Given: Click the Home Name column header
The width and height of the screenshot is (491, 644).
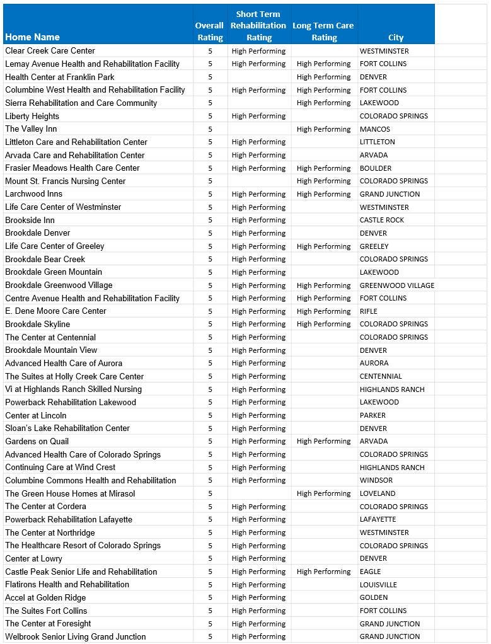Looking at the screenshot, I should click(x=33, y=37).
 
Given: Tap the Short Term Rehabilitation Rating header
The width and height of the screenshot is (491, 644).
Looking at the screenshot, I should click(x=258, y=26).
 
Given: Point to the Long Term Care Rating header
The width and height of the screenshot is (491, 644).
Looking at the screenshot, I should click(x=323, y=32).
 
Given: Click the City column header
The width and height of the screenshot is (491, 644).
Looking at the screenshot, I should click(x=396, y=38).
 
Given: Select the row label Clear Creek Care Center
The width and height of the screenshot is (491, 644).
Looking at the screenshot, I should click(x=50, y=51).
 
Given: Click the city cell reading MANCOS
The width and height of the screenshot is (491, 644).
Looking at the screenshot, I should click(x=375, y=129).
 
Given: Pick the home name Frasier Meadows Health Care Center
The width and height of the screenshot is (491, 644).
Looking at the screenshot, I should click(x=72, y=168).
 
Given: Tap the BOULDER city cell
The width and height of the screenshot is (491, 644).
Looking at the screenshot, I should click(x=376, y=168).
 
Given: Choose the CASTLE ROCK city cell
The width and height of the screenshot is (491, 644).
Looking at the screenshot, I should click(x=382, y=220).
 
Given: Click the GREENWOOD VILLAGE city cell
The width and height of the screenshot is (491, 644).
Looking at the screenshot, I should click(x=396, y=285).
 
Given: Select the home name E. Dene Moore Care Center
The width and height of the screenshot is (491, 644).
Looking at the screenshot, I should click(x=56, y=311).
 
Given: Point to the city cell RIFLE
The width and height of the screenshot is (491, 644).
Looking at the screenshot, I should click(x=369, y=311).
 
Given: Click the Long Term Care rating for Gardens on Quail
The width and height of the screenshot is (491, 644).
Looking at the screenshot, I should click(x=323, y=442).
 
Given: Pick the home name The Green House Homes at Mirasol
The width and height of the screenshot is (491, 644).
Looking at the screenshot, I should click(x=70, y=493).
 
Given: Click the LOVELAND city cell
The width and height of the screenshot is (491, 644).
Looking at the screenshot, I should click(x=378, y=493).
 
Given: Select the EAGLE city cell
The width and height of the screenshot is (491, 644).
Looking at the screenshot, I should click(x=370, y=572).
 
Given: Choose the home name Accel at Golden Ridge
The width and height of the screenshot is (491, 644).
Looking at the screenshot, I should click(x=45, y=598).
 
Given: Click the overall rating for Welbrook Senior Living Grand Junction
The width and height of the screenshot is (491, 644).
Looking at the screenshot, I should click(x=210, y=636).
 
